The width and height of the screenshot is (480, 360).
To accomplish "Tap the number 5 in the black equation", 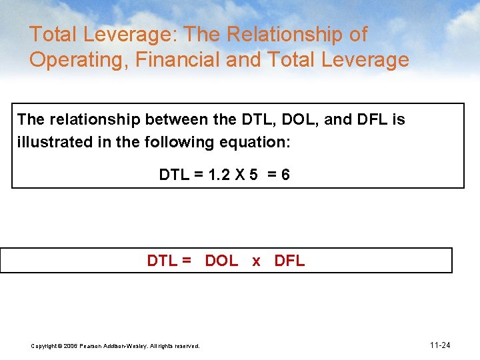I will [x=254, y=175].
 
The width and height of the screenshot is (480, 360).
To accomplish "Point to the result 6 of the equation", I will [x=285, y=175].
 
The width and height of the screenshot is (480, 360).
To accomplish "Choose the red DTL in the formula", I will [x=161, y=261].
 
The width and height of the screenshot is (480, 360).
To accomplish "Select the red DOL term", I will [x=221, y=261].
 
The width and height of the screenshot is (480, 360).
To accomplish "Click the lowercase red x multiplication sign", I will [x=256, y=261].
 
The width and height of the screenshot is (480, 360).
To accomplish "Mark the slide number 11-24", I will [x=440, y=345].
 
